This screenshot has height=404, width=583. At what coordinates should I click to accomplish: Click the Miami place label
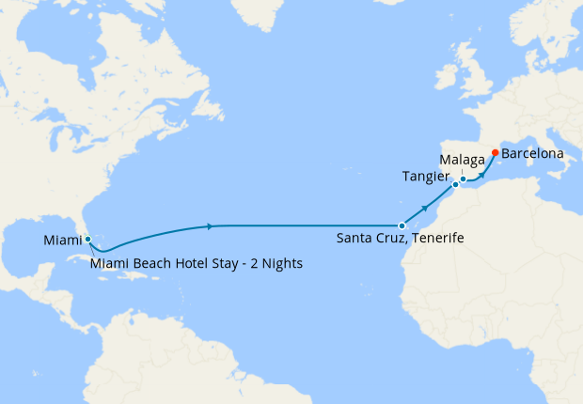click(61, 241)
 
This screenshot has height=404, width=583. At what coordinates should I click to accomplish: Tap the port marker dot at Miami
click(87, 239)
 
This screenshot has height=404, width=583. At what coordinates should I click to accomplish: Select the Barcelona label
click(532, 152)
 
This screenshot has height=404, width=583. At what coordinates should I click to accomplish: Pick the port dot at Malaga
click(464, 179)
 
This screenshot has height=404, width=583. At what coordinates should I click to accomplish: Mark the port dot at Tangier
click(455, 185)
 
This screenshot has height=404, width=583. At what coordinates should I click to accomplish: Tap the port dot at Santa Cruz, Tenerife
click(402, 225)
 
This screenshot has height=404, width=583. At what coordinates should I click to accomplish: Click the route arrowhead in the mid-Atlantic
click(210, 225)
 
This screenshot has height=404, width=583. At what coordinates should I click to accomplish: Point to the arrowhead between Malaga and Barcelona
click(481, 173)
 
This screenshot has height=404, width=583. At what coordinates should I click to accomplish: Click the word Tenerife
click(436, 239)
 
